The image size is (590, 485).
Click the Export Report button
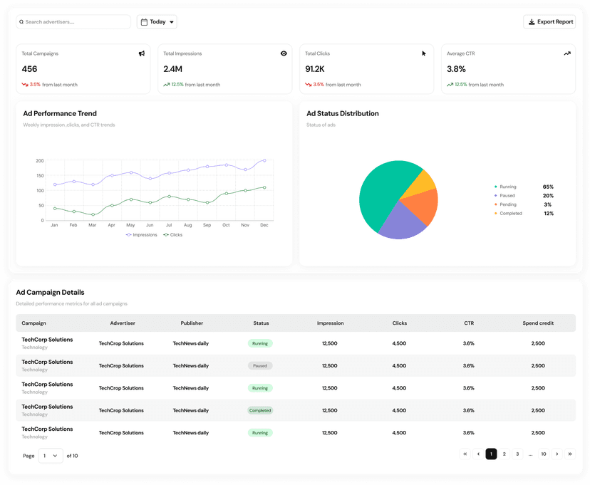click(x=549, y=22)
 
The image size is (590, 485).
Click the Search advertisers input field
click(x=75, y=22)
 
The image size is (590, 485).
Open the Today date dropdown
click(x=157, y=22)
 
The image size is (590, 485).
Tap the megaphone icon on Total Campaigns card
click(x=142, y=53)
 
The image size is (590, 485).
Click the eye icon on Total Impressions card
click(x=284, y=53)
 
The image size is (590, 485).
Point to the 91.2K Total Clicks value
click(x=315, y=69)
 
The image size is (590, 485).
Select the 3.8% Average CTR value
click(x=456, y=69)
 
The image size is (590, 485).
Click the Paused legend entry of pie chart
click(x=507, y=196)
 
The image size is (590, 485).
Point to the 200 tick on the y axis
click(x=40, y=161)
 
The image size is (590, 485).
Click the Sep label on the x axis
click(x=207, y=225)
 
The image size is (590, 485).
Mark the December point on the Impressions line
click(x=264, y=160)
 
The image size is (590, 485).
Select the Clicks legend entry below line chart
click(x=173, y=235)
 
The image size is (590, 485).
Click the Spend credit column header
click(x=538, y=323)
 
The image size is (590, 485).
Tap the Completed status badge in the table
click(x=260, y=410)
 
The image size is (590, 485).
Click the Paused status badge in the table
click(x=260, y=366)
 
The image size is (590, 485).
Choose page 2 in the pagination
click(x=504, y=454)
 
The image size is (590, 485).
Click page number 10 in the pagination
click(x=544, y=454)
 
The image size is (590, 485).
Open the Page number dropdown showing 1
click(x=51, y=456)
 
